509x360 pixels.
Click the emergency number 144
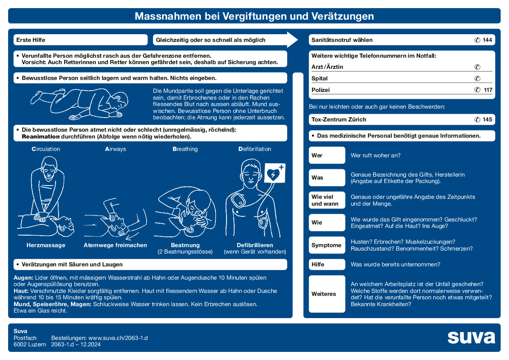487,40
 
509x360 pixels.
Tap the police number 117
487,90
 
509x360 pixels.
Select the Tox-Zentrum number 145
487,120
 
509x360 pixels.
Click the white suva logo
471,337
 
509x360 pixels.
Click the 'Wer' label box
327,155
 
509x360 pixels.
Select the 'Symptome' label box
327,245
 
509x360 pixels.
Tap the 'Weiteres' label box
327,294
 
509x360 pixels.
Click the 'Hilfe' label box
327,264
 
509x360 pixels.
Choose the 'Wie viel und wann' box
327,200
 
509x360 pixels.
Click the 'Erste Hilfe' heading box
80,40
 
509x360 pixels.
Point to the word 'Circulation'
46,149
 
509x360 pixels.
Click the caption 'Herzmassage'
46,245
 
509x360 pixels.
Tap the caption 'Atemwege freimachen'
115,245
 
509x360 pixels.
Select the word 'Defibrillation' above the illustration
255,149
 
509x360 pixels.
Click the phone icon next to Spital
477,79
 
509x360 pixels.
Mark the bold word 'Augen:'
21,278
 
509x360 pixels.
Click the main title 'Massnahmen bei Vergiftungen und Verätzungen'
254,16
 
